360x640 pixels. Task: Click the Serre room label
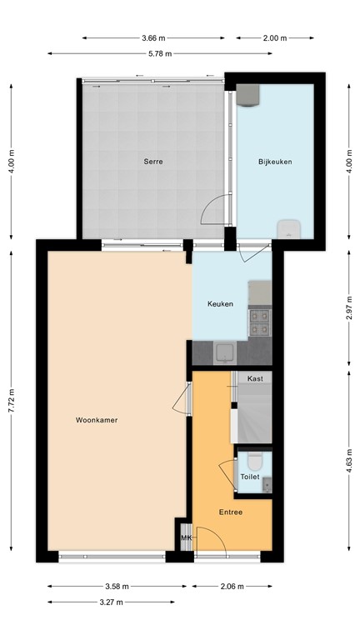pos(152,161)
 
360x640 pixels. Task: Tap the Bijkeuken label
pos(275,161)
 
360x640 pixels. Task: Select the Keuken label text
pos(221,304)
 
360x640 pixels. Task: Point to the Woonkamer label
pos(96,420)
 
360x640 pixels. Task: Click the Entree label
pos(231,512)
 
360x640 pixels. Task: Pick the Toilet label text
pos(249,477)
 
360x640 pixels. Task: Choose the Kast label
pos(255,378)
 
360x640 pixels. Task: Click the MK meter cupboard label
pos(186,538)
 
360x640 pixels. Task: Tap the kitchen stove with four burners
pos(259,316)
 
